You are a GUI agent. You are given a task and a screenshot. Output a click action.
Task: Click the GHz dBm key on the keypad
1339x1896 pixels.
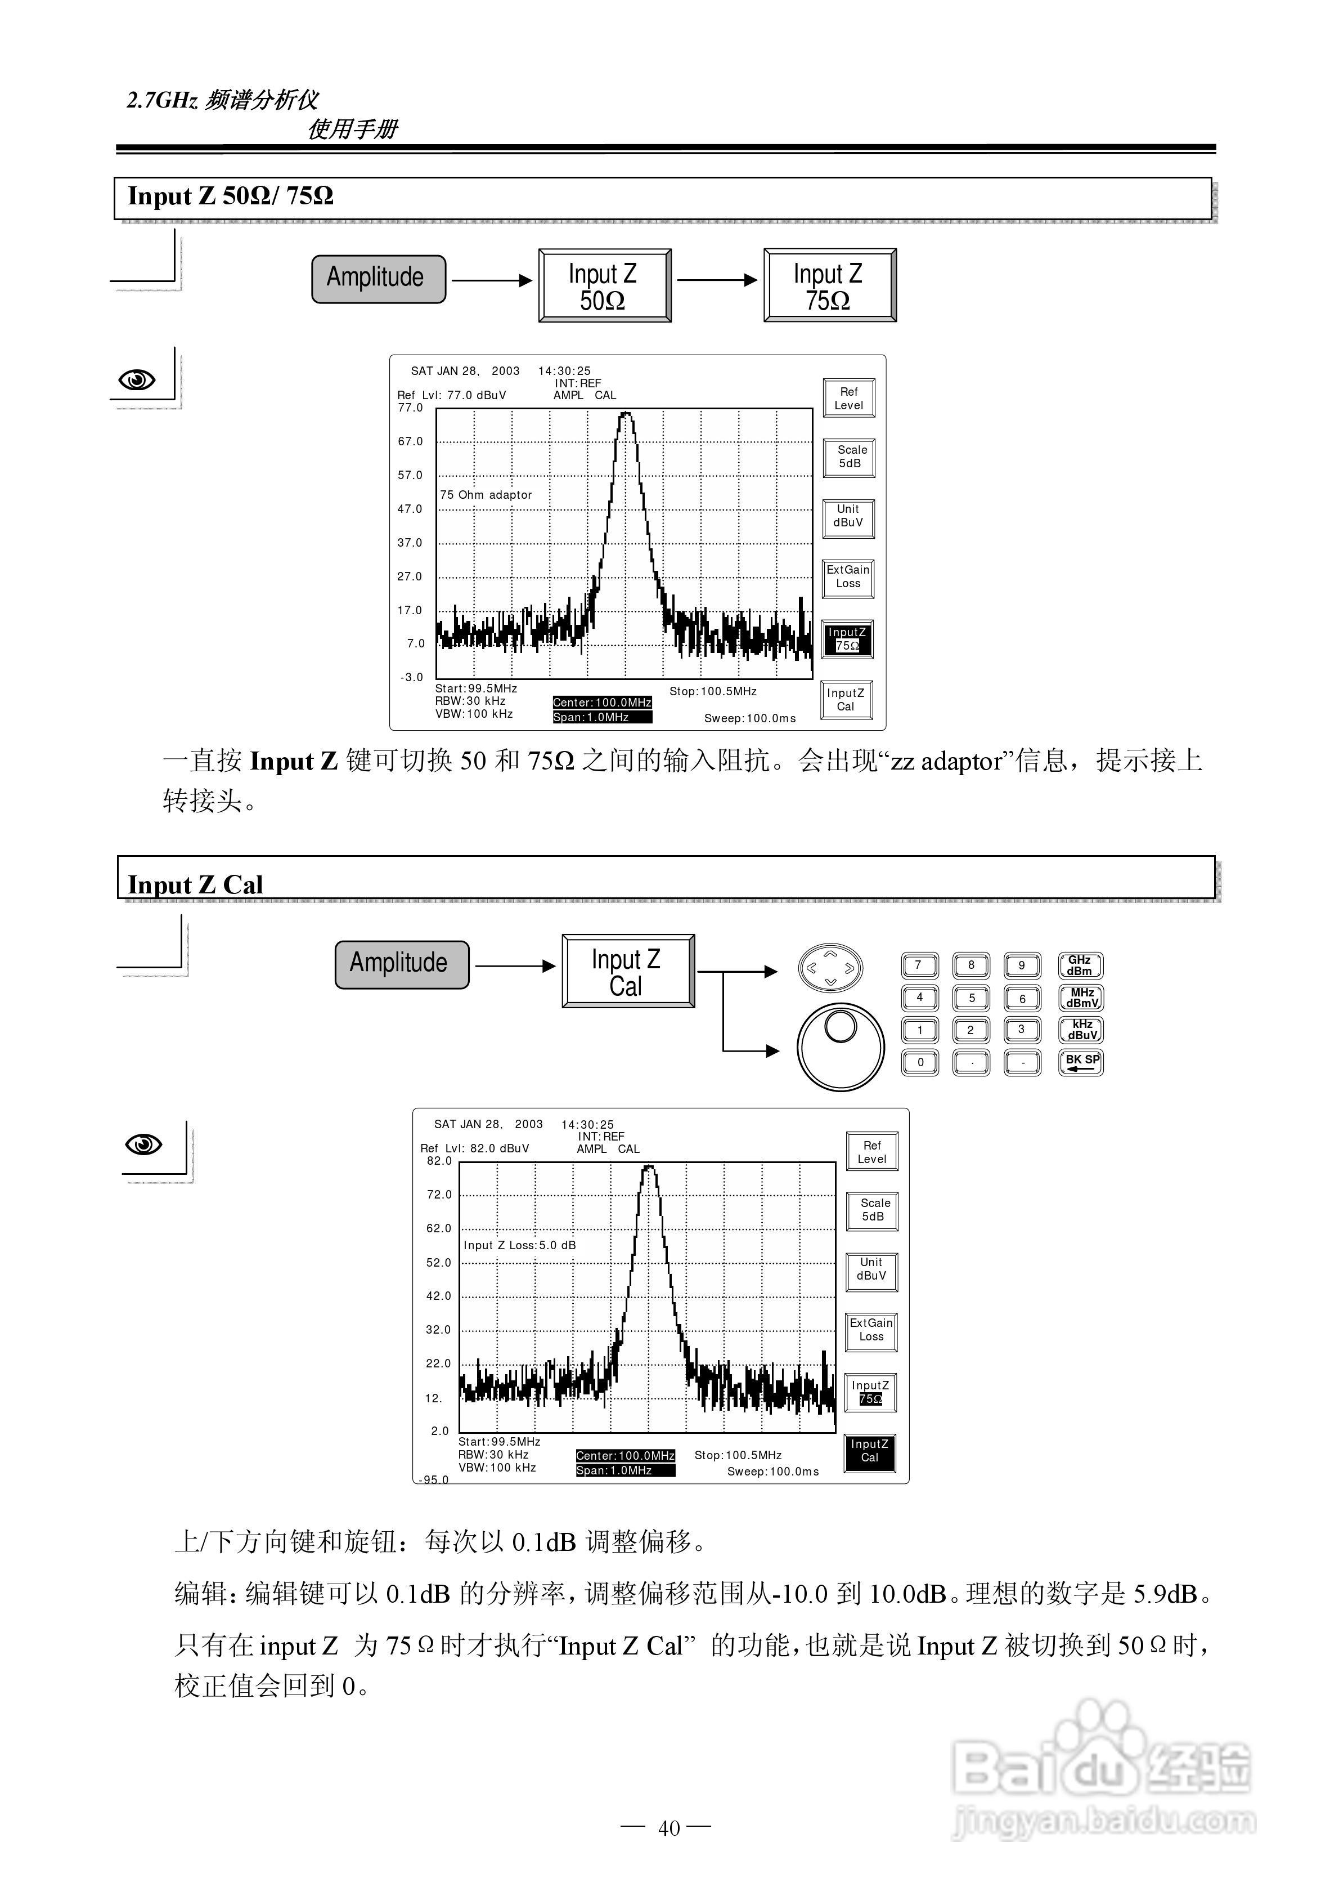[x=1080, y=965]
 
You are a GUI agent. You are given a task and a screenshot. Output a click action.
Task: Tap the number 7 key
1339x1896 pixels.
[x=919, y=965]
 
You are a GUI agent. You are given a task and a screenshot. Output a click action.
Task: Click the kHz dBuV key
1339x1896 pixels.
[x=1081, y=1030]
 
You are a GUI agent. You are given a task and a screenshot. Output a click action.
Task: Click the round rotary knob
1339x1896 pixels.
[x=841, y=1047]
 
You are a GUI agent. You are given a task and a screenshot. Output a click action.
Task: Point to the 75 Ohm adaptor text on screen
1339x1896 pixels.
[x=486, y=495]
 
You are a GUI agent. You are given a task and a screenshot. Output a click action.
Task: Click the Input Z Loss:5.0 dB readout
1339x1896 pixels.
[x=519, y=1245]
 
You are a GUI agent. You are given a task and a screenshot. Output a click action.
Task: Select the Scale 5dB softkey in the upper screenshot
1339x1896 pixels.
[x=850, y=457]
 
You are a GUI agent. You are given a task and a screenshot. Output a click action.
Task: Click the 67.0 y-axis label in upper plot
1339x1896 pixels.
[x=410, y=442]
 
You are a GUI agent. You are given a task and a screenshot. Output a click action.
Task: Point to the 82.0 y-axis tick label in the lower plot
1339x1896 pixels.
[x=439, y=1161]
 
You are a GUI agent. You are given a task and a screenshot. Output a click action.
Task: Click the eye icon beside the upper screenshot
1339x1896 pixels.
[x=137, y=380]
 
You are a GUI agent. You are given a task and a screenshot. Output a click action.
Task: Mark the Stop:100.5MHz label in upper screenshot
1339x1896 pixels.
[x=712, y=691]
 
